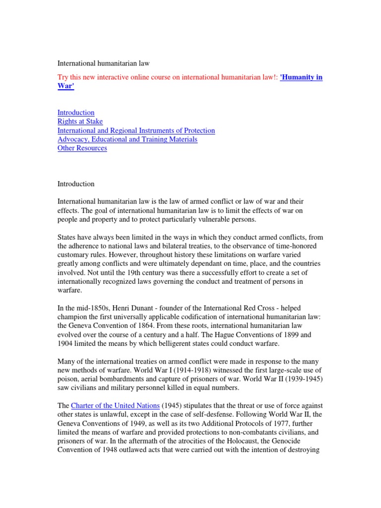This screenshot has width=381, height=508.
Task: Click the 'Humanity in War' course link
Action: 301,77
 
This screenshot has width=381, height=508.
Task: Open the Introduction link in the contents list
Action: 76,113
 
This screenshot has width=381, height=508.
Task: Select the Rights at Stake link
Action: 80,122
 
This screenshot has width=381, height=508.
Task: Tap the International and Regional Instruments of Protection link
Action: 136,130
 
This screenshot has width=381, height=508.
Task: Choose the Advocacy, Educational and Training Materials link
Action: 127,139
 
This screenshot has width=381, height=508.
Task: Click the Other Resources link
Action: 82,148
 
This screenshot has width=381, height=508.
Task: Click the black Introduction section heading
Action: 76,184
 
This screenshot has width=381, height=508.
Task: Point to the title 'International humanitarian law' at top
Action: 104,63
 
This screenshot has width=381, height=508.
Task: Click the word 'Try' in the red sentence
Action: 63,77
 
